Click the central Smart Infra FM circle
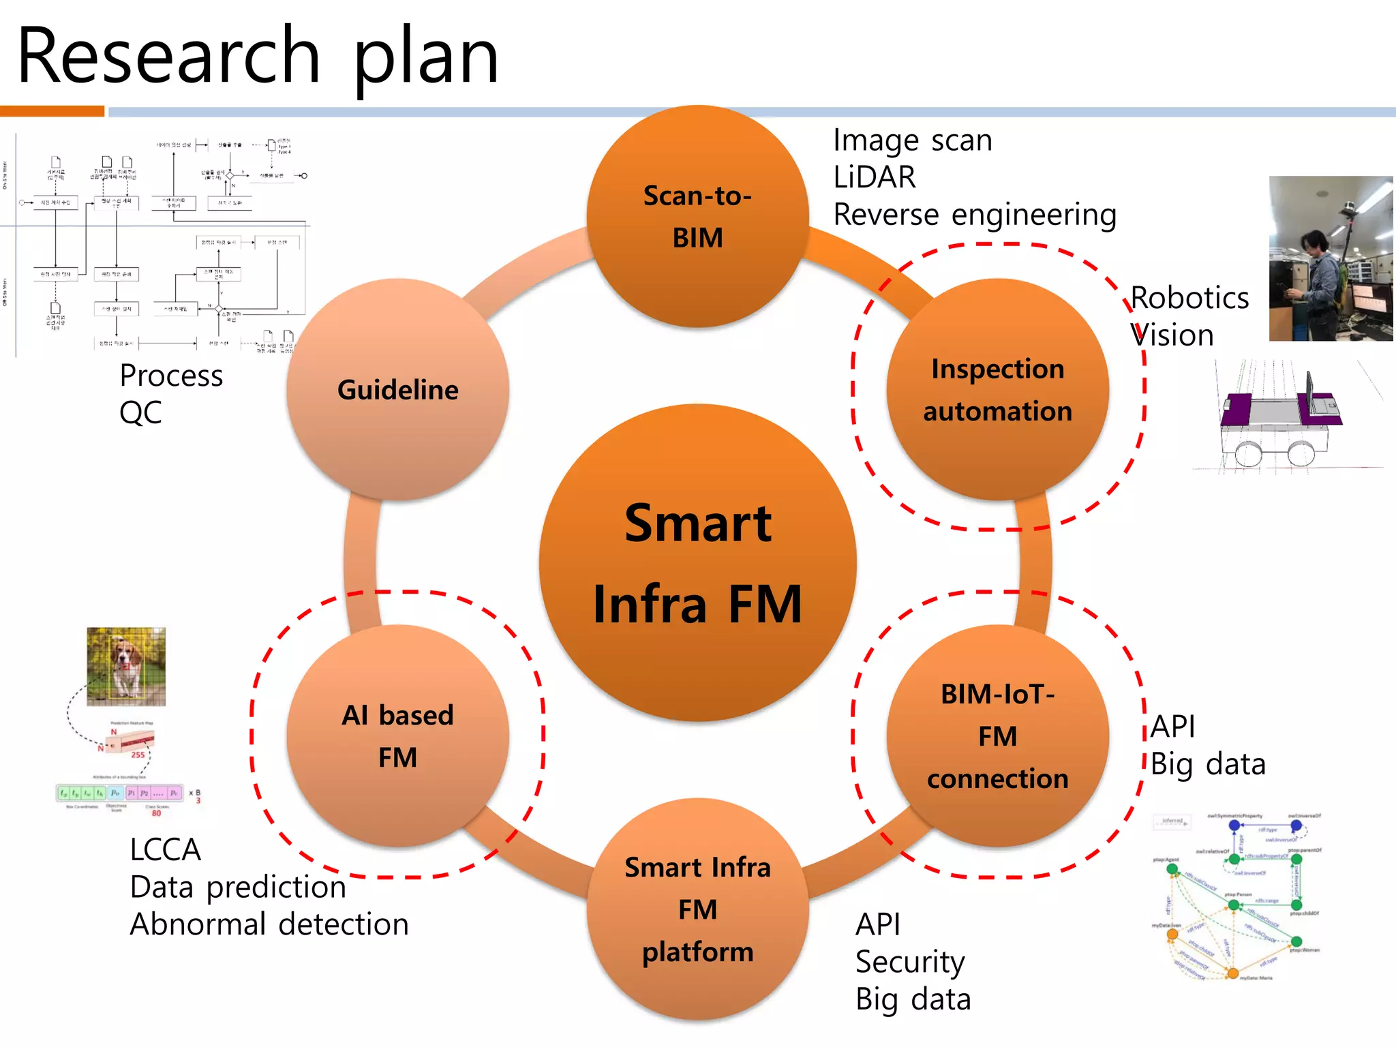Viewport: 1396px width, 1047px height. coord(697,563)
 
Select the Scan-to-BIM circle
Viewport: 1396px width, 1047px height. coord(697,217)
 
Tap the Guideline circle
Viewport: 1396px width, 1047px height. coord(398,390)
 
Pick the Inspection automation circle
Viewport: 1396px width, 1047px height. coord(997,390)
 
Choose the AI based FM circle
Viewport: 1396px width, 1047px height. coord(398,736)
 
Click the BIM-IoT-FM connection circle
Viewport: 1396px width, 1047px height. coord(997,736)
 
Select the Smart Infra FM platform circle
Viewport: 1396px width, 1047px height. coord(697,909)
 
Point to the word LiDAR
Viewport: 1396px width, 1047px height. coord(875,177)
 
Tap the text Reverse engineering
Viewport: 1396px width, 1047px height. coord(975,215)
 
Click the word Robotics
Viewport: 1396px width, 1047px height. coord(1189,298)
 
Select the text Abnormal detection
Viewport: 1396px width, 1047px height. coord(269,924)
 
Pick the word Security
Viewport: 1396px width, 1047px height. coord(910,962)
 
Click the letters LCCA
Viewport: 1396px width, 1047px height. coord(166,850)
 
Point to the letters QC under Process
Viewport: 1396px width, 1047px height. coord(140,412)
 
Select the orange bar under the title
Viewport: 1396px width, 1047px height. coord(52,111)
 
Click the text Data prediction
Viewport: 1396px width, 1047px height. coord(238,887)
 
